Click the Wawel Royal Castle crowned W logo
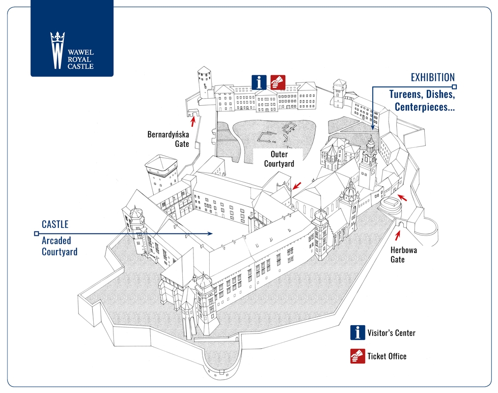(57, 50)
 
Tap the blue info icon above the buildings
(259, 83)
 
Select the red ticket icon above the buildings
(278, 83)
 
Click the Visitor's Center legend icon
(358, 333)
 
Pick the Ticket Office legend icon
(358, 356)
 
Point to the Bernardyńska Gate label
(168, 139)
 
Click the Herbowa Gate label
(403, 254)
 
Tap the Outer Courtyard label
(279, 159)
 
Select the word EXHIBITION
(433, 78)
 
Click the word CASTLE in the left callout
(55, 225)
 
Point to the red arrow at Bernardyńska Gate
(193, 121)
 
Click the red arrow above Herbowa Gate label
(397, 235)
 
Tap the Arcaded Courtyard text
(59, 246)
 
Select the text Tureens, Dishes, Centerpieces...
(422, 100)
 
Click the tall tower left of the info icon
(205, 83)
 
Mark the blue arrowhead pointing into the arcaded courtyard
(210, 233)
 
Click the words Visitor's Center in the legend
(391, 333)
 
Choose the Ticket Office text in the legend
(387, 356)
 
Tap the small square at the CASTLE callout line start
(36, 234)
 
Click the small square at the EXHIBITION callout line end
(454, 87)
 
